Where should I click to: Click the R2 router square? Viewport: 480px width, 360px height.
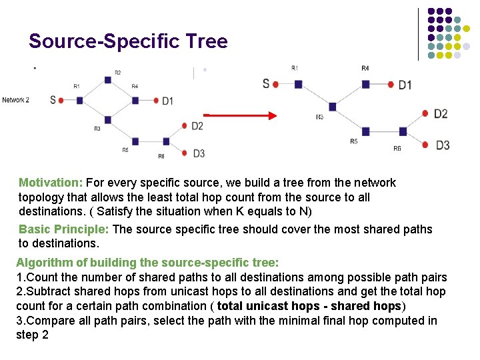107,80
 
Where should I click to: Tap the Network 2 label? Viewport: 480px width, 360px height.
15,100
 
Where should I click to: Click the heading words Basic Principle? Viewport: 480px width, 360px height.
65,229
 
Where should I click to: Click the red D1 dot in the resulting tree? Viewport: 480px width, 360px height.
391,84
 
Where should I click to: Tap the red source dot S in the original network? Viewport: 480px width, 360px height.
61,101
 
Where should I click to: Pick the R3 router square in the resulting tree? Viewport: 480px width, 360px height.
332,107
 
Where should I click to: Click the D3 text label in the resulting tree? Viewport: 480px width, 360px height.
443,145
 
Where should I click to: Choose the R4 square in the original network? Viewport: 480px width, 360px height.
135,101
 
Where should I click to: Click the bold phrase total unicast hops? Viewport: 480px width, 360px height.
263,306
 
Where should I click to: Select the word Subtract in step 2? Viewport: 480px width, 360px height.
48,291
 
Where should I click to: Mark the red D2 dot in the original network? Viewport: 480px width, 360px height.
184,125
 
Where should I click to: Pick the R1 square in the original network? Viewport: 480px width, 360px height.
79,101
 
